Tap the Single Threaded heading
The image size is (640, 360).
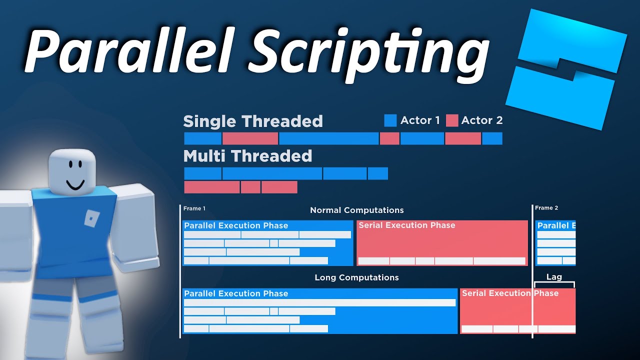click(253, 121)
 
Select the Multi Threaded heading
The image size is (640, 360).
click(247, 156)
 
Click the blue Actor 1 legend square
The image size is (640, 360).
click(390, 120)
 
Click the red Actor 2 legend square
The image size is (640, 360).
click(452, 120)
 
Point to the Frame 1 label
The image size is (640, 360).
click(194, 208)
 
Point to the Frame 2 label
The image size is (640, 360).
click(546, 208)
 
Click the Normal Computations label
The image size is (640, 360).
click(356, 210)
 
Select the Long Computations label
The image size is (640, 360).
click(356, 277)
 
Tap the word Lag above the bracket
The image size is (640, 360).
click(554, 277)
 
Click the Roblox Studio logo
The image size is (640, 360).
click(567, 70)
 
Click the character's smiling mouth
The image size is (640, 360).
click(75, 185)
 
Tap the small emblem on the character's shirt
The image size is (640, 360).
click(91, 219)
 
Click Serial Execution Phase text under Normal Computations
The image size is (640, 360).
click(407, 225)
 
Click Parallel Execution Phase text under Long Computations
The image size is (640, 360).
click(236, 293)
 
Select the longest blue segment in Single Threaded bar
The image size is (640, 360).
click(328, 138)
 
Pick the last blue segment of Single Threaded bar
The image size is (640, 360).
click(492, 138)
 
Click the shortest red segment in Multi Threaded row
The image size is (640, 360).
click(250, 187)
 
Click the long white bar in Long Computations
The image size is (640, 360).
click(320, 303)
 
